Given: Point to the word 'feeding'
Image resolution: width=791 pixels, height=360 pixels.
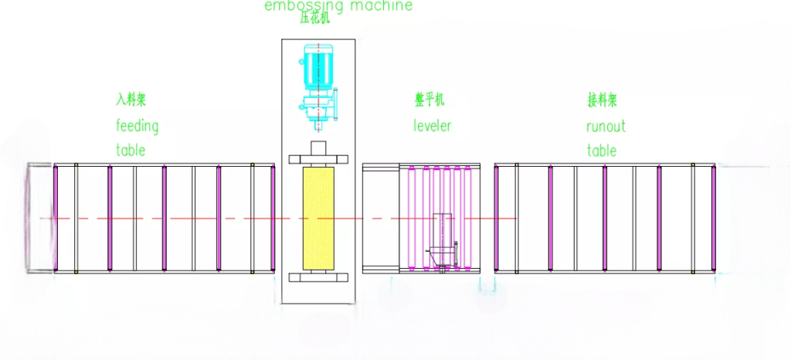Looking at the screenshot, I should (x=137, y=125).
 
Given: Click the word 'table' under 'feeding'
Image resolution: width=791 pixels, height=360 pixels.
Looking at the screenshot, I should (x=131, y=150).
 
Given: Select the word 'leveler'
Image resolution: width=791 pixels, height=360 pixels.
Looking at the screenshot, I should (x=432, y=125).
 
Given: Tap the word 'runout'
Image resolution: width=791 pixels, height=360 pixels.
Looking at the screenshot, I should (x=606, y=125).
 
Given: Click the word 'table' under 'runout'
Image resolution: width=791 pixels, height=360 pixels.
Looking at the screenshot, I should (x=601, y=150).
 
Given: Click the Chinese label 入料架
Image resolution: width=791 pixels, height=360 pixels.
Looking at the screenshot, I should (x=131, y=100).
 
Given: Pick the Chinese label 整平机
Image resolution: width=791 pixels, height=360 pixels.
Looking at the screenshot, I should (x=429, y=100).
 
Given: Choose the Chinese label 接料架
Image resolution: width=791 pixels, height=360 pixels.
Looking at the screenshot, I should (x=602, y=100).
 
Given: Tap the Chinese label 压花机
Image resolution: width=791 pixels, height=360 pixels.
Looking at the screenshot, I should (x=314, y=19).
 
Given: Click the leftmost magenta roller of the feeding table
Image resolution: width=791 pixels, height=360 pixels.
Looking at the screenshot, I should (x=55, y=219).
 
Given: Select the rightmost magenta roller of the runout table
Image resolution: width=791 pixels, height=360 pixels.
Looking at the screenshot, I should (x=713, y=219).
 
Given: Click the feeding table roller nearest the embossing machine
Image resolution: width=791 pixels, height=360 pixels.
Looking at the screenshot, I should (x=272, y=219).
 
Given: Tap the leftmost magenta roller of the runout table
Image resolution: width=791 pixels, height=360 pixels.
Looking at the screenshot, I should (x=496, y=219).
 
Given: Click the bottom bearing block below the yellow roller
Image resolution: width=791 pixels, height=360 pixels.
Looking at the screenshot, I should (x=318, y=276).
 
